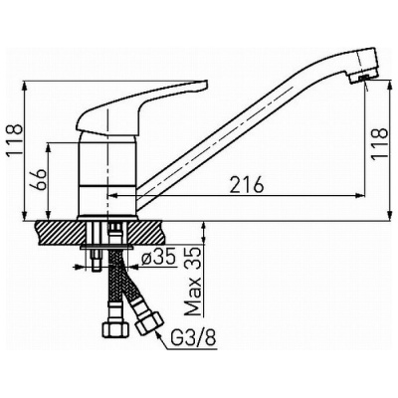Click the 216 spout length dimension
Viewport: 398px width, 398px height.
point(247,184)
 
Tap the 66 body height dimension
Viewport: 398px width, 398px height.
point(40,179)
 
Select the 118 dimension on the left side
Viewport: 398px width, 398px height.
point(15,139)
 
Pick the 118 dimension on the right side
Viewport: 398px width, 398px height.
point(379,143)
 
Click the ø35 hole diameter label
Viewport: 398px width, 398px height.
point(158,258)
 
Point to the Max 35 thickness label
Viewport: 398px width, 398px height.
point(192,282)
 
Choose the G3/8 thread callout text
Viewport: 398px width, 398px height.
point(194,337)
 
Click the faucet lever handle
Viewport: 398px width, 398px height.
point(138,108)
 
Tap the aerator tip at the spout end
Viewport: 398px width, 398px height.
point(360,79)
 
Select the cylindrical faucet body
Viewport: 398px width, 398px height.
point(107,176)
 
